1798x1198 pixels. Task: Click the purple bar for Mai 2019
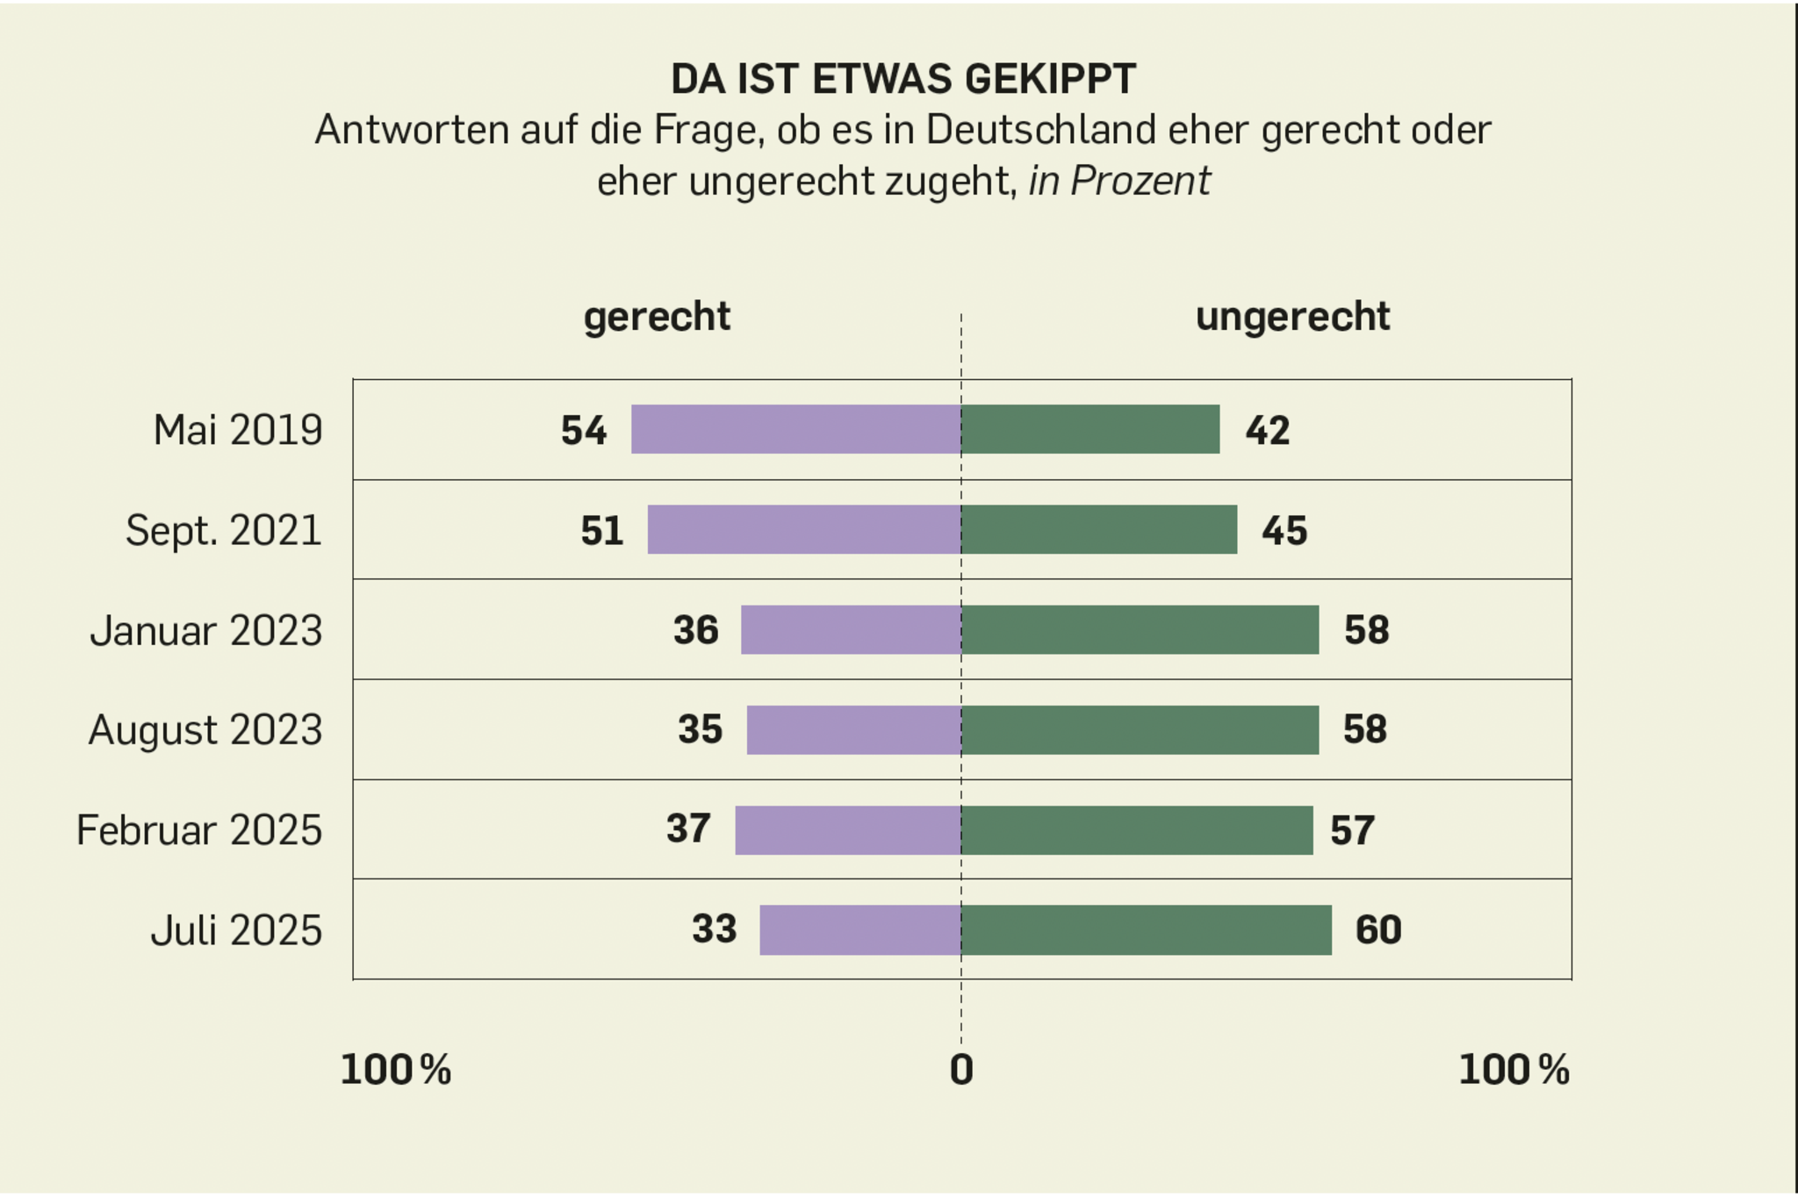(x=795, y=429)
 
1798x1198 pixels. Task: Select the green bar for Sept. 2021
(x=1099, y=529)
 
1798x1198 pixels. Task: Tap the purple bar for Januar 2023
(x=851, y=629)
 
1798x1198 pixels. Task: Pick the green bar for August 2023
(x=1140, y=729)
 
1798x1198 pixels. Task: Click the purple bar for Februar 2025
(x=848, y=829)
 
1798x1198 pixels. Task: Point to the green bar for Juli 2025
(x=1146, y=929)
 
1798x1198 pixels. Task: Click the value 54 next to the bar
(x=584, y=430)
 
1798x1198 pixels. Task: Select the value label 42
(x=1267, y=430)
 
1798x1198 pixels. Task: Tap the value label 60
(x=1377, y=929)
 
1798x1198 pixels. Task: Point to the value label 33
(x=714, y=929)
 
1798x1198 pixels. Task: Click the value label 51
(x=601, y=530)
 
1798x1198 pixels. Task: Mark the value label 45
(x=1284, y=530)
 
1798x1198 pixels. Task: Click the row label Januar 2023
(x=206, y=630)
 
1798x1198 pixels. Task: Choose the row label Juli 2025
(x=236, y=929)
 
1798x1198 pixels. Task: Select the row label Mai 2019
(x=237, y=430)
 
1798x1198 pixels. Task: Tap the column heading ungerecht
(x=1292, y=316)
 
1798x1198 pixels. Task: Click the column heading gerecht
(x=657, y=316)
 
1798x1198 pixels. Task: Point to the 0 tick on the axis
(x=961, y=1070)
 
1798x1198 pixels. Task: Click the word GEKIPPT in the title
(x=1050, y=79)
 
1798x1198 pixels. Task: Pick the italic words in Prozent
(x=1119, y=182)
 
